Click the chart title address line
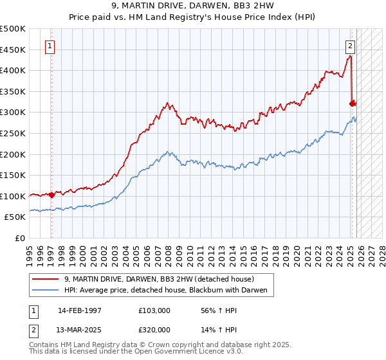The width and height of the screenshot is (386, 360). (192, 7)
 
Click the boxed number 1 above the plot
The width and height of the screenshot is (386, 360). (50, 46)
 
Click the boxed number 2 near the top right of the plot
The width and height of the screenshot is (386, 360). (350, 46)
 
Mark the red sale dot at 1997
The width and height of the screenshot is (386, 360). (51, 195)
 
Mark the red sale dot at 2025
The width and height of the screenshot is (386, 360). (352, 103)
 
